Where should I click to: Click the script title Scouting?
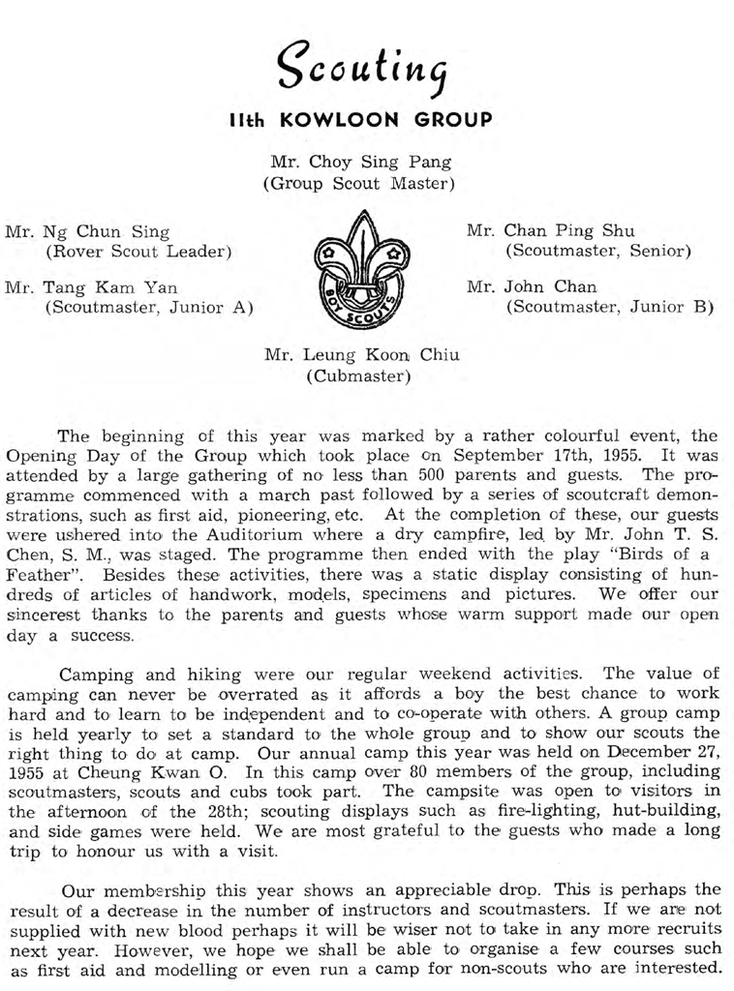[366, 65]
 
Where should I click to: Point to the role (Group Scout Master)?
[359, 182]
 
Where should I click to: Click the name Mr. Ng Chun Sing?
[87, 232]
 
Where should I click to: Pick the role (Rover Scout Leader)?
[138, 253]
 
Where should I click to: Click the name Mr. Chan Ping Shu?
[551, 231]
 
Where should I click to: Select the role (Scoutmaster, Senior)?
[598, 253]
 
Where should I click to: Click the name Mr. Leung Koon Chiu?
[362, 355]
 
